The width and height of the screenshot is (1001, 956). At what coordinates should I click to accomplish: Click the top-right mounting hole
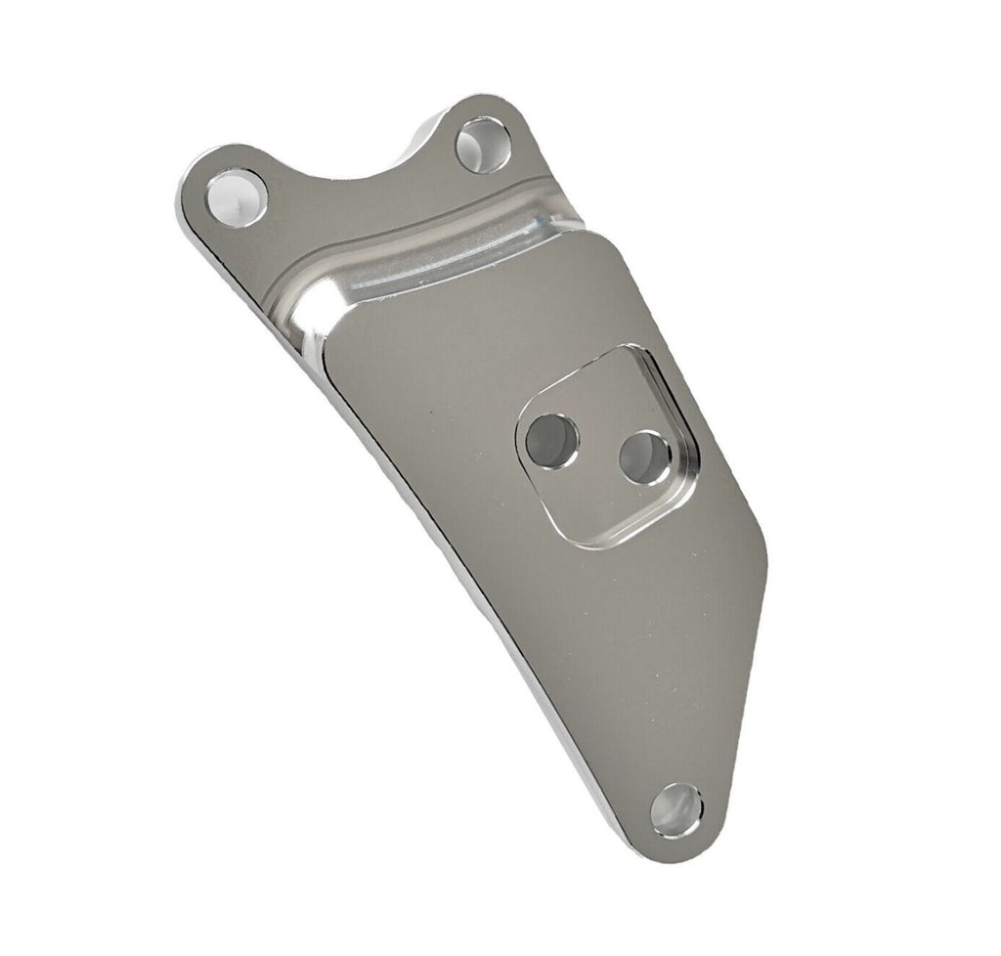(483, 146)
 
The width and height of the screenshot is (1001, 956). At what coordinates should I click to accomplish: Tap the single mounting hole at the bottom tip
(677, 809)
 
